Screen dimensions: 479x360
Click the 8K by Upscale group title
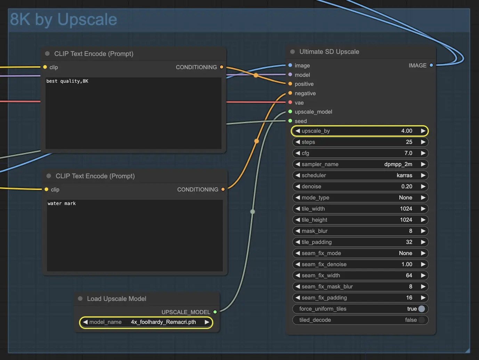64,19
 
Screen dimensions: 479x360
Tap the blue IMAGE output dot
431,65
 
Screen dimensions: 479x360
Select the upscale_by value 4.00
407,131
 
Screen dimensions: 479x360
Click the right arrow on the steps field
423,142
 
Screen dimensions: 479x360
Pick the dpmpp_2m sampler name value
398,164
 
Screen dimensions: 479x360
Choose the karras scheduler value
404,175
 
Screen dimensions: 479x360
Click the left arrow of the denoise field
298,187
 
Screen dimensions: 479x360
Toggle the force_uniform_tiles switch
422,309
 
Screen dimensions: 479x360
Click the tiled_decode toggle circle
422,320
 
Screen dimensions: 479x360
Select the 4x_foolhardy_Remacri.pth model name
163,322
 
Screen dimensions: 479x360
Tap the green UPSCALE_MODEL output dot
215,312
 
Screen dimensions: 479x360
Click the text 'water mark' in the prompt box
62,203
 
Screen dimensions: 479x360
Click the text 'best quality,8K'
67,81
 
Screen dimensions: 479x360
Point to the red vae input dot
290,102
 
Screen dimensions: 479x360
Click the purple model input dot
290,75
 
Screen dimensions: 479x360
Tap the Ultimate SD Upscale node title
329,52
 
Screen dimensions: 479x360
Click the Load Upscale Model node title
116,299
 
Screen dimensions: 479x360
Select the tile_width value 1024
406,209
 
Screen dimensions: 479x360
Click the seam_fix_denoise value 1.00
407,264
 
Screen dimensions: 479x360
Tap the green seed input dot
290,121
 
